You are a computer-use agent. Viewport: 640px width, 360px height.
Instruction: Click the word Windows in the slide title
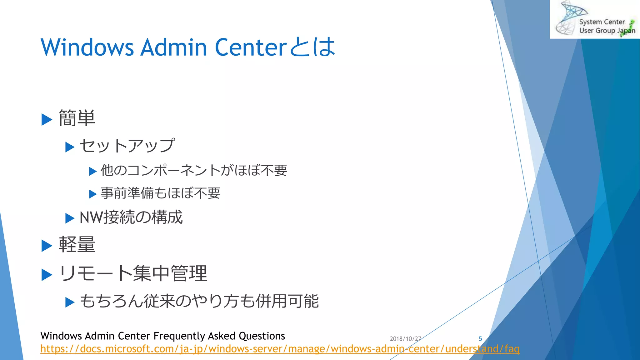(x=87, y=47)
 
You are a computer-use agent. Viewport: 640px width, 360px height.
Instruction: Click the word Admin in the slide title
(x=173, y=47)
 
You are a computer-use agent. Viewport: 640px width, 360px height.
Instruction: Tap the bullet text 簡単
(x=77, y=118)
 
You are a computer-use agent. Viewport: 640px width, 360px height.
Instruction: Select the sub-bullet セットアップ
(x=127, y=146)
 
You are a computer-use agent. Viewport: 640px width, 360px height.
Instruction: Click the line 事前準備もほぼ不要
(x=160, y=193)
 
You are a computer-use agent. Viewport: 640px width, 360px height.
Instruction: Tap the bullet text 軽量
(x=77, y=245)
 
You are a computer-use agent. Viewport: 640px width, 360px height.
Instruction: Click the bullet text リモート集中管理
(x=133, y=273)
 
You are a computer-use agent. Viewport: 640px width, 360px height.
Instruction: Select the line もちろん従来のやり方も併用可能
(x=199, y=301)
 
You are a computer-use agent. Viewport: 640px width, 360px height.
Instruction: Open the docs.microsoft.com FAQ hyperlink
(x=280, y=349)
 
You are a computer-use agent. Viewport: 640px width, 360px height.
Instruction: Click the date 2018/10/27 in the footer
(x=405, y=339)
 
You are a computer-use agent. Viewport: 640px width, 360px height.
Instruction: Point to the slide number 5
(x=480, y=339)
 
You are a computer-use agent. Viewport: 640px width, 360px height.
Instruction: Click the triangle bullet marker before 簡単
(x=47, y=120)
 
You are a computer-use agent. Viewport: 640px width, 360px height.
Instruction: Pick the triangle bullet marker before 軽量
(x=47, y=246)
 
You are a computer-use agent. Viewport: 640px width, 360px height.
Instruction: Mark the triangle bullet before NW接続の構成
(x=70, y=218)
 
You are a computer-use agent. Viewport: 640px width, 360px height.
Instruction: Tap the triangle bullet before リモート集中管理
(x=47, y=275)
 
